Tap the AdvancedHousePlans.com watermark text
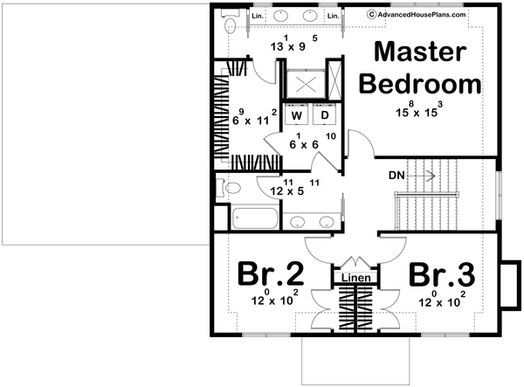[423, 15]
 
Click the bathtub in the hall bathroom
[255, 218]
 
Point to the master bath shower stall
[307, 84]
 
